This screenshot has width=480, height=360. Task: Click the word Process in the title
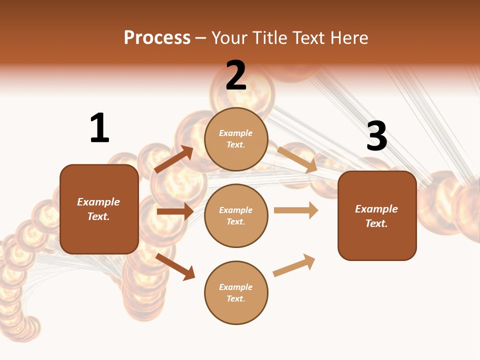click(157, 37)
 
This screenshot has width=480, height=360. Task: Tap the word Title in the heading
click(269, 37)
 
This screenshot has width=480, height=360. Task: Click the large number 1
click(99, 128)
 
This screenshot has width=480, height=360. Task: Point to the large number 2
click(236, 75)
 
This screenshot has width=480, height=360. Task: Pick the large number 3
click(376, 136)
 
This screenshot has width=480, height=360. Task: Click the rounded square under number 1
click(99, 209)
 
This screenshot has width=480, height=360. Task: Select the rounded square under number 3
click(377, 215)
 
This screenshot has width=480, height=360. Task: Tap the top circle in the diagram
click(236, 139)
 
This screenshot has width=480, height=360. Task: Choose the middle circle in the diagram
click(236, 215)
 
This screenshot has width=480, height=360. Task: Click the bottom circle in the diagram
click(236, 292)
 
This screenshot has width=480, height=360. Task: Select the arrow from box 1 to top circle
click(173, 160)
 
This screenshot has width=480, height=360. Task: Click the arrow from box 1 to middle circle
click(175, 211)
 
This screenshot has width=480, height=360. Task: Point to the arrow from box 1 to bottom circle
click(175, 266)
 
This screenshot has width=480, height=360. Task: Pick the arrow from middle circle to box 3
click(296, 210)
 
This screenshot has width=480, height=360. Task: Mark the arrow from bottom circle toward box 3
click(294, 265)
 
